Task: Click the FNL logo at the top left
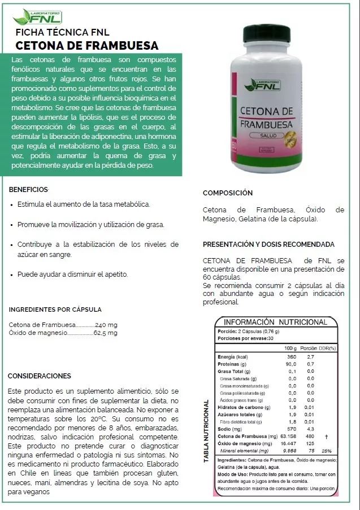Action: [x=37, y=16]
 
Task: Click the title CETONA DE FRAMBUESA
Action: [x=87, y=46]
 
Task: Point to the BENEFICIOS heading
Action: [x=28, y=189]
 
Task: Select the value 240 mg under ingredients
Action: [x=106, y=325]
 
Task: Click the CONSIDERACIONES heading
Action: [x=39, y=376]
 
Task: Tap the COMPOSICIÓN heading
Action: [x=227, y=193]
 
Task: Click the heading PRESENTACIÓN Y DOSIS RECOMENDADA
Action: [x=268, y=245]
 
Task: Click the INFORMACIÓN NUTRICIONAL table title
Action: [x=275, y=322]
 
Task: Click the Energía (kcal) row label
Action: [x=233, y=357]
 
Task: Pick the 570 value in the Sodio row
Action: [x=292, y=429]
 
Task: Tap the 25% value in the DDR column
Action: [x=326, y=451]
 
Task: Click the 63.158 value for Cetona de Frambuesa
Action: [x=288, y=436]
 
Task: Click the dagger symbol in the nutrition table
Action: [x=327, y=436]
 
